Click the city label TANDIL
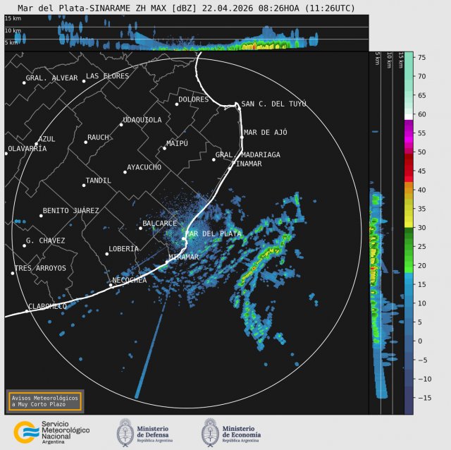point(98,181)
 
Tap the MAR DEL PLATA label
point(213,233)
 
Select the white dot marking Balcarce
point(141,227)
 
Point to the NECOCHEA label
point(130,281)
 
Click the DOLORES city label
point(193,99)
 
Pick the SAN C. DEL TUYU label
point(273,104)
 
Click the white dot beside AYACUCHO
point(125,172)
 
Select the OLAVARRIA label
point(27,149)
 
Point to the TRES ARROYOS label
point(40,268)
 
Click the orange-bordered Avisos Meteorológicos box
point(44,401)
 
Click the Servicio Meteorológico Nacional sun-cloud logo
point(27,432)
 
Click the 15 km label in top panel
point(12,19)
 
